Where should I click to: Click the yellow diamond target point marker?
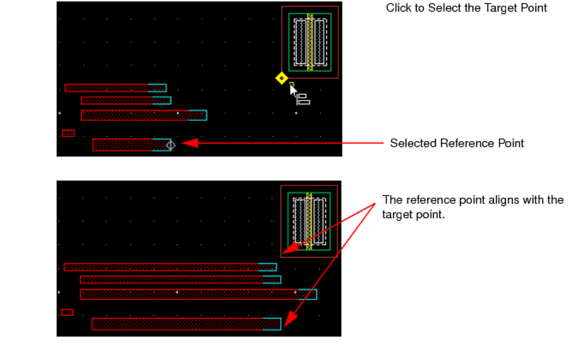coord(281,78)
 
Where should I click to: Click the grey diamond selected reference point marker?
coord(170,145)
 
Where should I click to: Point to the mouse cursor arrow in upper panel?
coord(293,91)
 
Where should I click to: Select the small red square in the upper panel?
coord(68,133)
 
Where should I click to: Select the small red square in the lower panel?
coord(67,313)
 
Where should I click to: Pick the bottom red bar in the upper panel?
coord(123,145)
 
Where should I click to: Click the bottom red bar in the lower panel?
coord(177,324)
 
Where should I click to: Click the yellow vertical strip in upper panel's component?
coord(310,42)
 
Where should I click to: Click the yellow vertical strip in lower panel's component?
coord(309,221)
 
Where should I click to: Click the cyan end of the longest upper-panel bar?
coord(197,115)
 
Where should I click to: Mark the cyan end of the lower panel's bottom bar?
coord(272,324)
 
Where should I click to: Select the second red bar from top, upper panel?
coord(117,101)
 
